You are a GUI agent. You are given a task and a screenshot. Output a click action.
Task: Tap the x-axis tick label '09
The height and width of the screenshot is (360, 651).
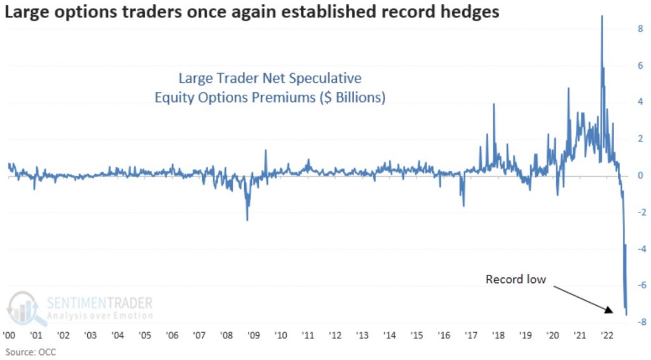click(x=252, y=335)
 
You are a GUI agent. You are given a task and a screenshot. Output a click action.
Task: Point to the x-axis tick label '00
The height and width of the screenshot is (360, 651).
click(x=9, y=335)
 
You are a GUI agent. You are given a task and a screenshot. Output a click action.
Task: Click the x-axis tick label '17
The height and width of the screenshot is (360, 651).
click(x=471, y=335)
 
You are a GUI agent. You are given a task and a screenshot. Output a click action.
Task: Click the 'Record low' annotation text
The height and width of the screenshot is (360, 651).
click(x=516, y=279)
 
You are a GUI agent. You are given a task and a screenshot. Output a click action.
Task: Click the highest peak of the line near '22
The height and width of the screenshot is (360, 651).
click(x=601, y=17)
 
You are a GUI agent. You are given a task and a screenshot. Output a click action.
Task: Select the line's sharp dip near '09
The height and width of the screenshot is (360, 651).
click(x=247, y=219)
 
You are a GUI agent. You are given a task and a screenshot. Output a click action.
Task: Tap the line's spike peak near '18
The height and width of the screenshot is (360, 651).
click(x=494, y=104)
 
